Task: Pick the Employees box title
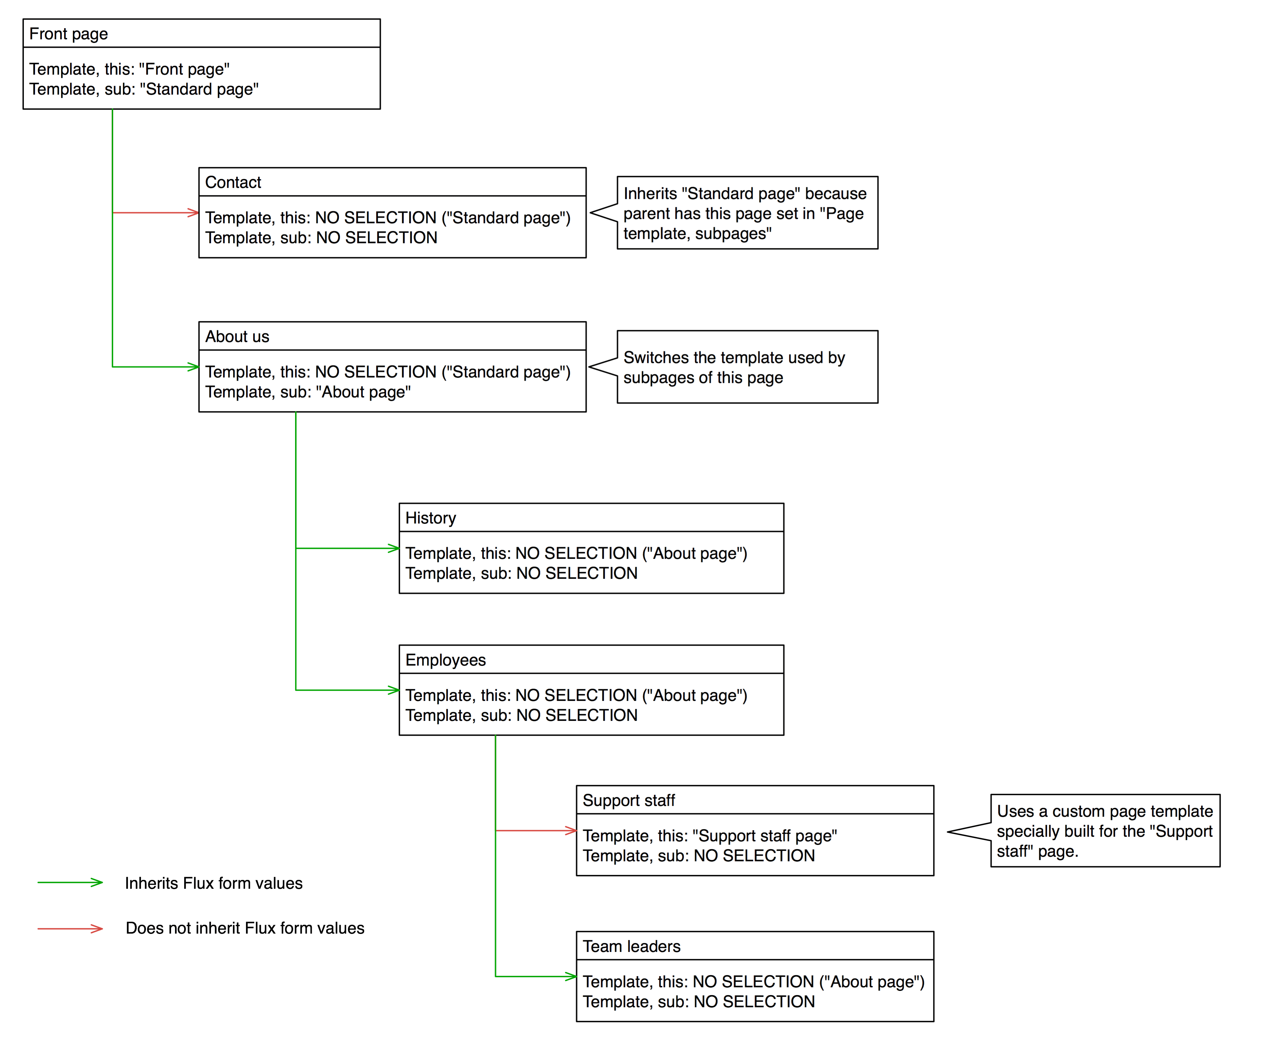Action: pos(446,660)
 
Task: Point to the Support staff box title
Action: pos(629,800)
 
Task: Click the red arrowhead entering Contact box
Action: pos(193,213)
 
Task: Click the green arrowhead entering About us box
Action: pos(193,367)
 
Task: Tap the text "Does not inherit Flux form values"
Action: pos(245,928)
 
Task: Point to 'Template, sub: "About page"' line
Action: pos(308,392)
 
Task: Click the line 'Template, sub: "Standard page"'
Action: pos(144,89)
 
